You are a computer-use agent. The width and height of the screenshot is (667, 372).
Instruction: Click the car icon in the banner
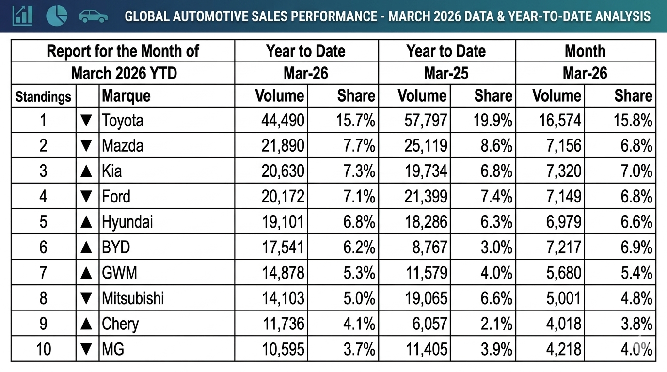pyautogui.click(x=94, y=16)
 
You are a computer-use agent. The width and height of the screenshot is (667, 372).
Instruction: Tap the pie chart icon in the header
pyautogui.click(x=57, y=15)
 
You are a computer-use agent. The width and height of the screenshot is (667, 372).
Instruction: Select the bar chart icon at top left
pyautogui.click(x=22, y=15)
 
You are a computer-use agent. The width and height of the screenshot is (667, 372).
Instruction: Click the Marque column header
pyautogui.click(x=126, y=96)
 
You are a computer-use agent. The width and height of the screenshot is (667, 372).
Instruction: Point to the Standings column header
pyautogui.click(x=43, y=96)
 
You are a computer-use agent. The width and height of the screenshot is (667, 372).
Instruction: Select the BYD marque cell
pyautogui.click(x=116, y=247)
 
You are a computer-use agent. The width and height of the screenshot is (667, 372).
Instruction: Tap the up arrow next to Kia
pyautogui.click(x=86, y=171)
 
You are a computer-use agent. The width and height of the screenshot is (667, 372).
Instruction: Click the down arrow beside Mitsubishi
pyautogui.click(x=86, y=298)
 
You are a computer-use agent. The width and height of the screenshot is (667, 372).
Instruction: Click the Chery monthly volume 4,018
pyautogui.click(x=563, y=324)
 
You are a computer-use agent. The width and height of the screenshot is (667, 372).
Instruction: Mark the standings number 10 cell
pyautogui.click(x=43, y=349)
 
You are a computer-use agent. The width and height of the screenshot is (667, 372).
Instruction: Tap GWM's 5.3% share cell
pyautogui.click(x=355, y=273)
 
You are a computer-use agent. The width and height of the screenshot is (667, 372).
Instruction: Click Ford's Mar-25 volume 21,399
pyautogui.click(x=422, y=196)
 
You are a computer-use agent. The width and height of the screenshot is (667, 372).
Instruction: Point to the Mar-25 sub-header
pyautogui.click(x=446, y=73)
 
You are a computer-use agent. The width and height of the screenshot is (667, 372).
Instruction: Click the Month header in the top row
pyautogui.click(x=585, y=51)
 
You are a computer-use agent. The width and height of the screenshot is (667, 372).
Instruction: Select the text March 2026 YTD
pyautogui.click(x=124, y=73)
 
